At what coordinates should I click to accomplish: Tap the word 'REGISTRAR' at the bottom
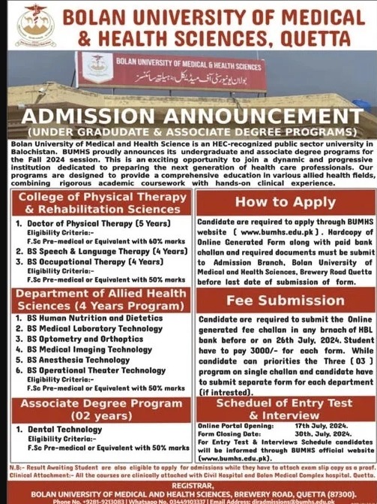(x=188, y=486)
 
